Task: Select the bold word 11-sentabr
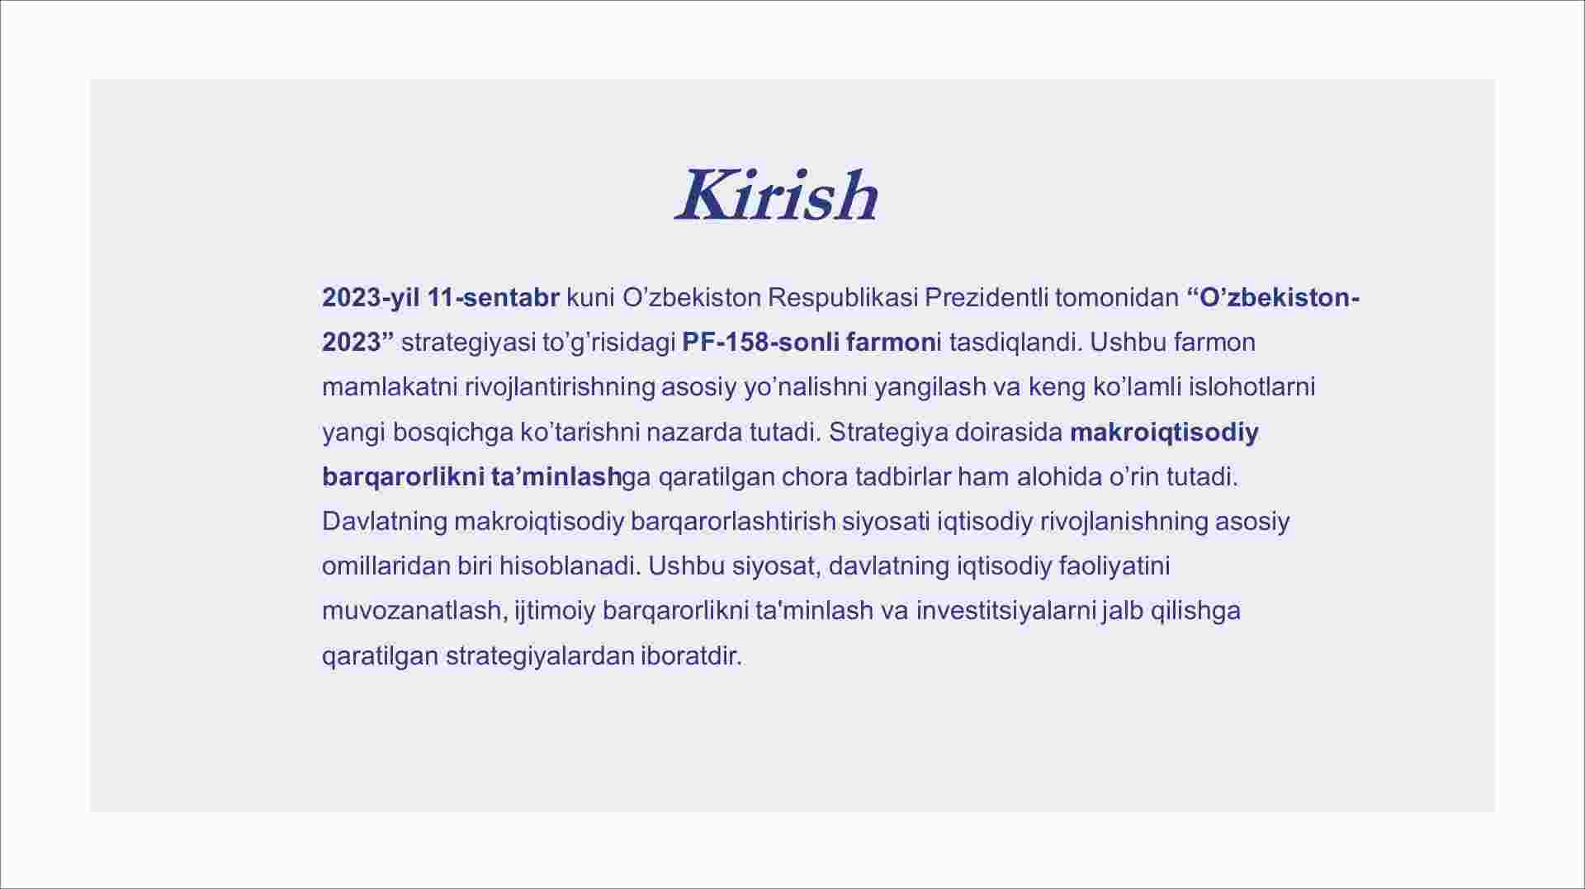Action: pos(494,298)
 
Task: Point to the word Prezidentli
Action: pos(986,298)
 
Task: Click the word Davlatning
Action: pos(385,522)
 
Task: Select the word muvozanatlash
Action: pos(412,611)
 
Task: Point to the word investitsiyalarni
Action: pos(1005,611)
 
